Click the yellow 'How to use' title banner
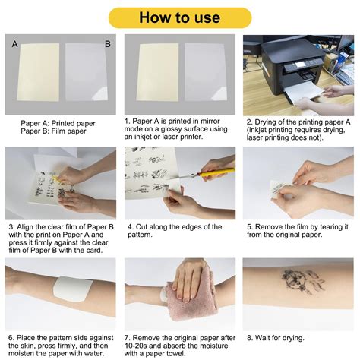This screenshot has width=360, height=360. tap(180, 17)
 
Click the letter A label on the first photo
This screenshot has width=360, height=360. tap(14, 44)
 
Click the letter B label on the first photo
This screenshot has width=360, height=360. tap(107, 44)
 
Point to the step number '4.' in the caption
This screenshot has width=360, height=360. tap(129, 226)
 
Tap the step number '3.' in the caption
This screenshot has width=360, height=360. tap(9, 226)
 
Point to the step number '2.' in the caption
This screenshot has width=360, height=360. tap(248, 121)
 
